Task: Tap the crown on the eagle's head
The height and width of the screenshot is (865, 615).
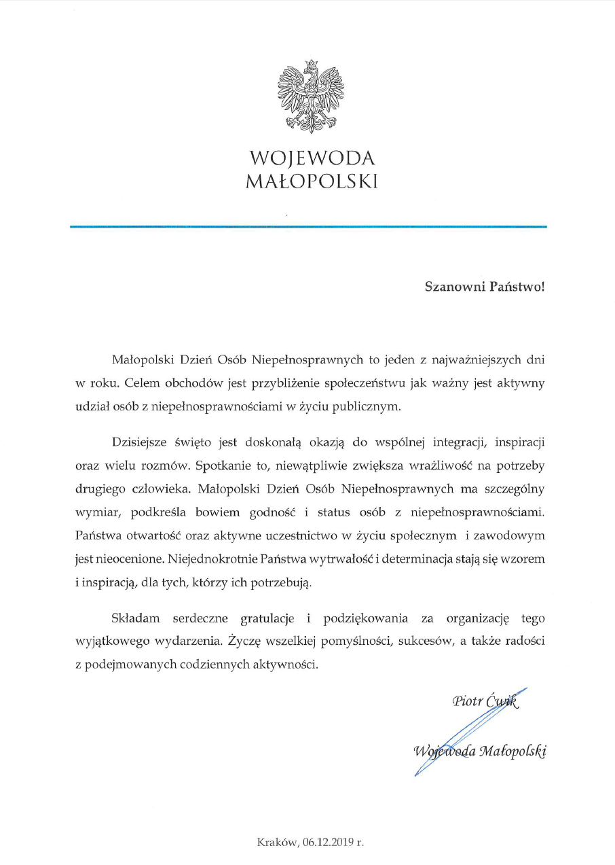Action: pyautogui.click(x=312, y=64)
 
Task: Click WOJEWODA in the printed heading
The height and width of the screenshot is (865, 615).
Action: pyautogui.click(x=312, y=158)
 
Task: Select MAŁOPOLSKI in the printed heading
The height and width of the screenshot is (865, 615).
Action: pyautogui.click(x=312, y=182)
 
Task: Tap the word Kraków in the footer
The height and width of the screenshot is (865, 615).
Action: pyautogui.click(x=277, y=842)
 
